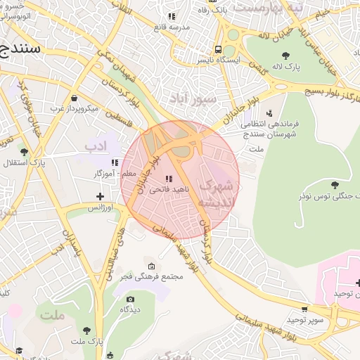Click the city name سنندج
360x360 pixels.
(20, 49)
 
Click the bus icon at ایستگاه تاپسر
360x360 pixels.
(219, 50)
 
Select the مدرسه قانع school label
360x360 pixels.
(175, 27)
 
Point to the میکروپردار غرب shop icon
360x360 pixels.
(75, 98)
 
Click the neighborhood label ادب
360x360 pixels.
(94, 146)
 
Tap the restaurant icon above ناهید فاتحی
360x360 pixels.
(168, 179)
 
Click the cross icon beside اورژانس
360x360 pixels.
(100, 197)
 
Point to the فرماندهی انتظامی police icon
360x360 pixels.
(269, 112)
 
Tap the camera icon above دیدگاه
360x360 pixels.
(129, 299)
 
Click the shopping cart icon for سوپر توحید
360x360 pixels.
(305, 309)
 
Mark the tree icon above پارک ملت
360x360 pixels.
(87, 330)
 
